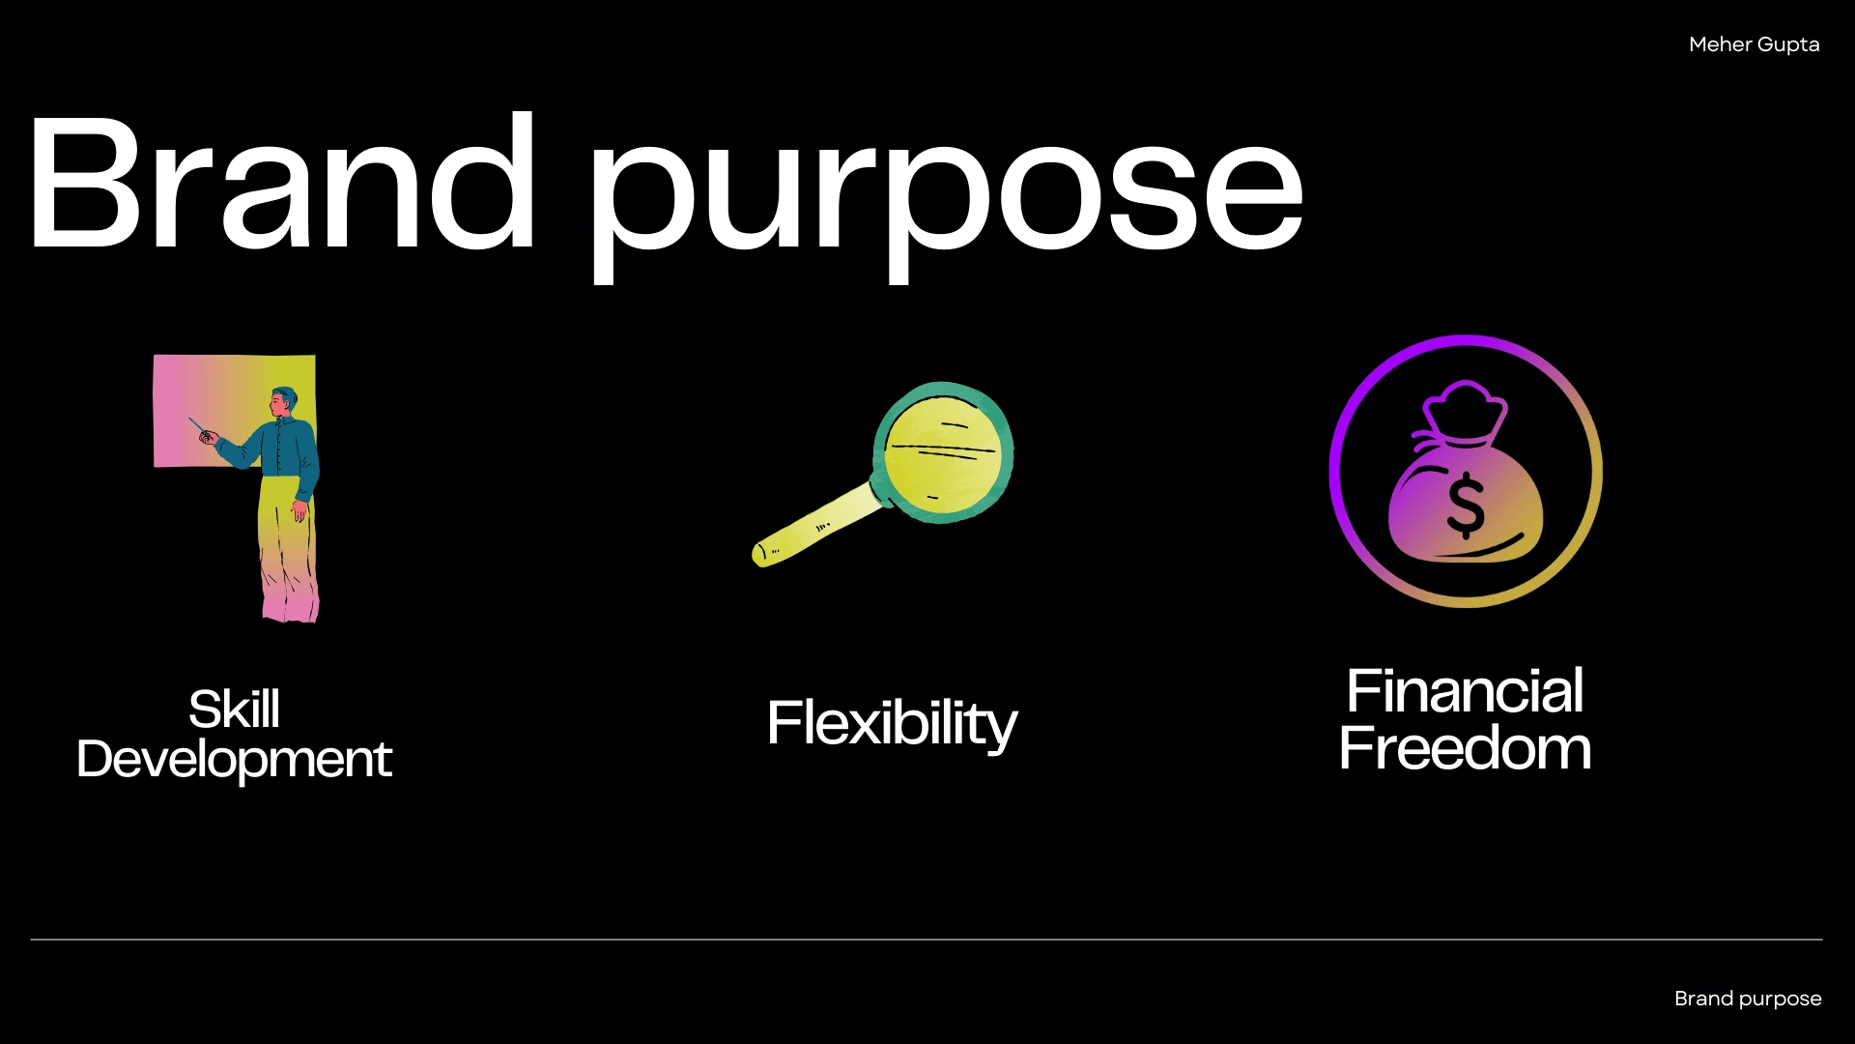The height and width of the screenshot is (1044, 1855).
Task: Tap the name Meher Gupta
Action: (x=1754, y=45)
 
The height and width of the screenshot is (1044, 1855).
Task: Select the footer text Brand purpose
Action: (x=1748, y=1000)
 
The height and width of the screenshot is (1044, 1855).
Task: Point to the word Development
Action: (x=235, y=760)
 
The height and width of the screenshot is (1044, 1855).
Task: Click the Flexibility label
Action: (x=892, y=724)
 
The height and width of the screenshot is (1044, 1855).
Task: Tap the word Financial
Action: (x=1465, y=691)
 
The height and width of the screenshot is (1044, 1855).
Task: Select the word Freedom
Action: (x=1465, y=748)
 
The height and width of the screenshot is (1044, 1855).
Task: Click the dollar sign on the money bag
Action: (x=1466, y=505)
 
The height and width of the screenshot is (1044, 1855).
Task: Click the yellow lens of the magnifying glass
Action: (x=944, y=452)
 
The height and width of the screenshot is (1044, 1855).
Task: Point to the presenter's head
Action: (x=283, y=401)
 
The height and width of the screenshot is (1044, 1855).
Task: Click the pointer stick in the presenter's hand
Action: (x=198, y=426)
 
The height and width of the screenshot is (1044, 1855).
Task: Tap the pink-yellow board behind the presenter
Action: (x=208, y=411)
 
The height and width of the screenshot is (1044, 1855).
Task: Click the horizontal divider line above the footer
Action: (x=927, y=939)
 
